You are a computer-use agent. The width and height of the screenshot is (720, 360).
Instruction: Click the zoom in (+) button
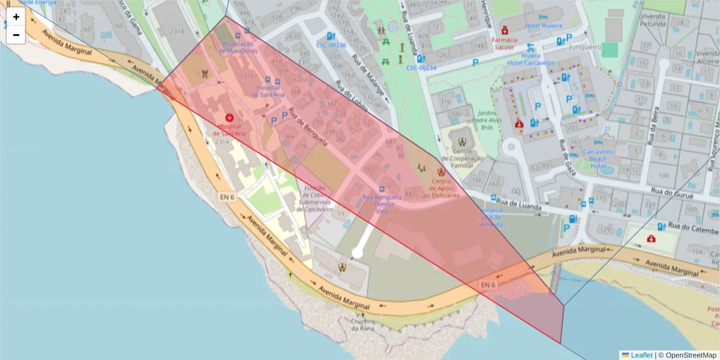point(16,17)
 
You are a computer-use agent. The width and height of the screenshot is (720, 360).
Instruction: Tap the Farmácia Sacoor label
point(504,43)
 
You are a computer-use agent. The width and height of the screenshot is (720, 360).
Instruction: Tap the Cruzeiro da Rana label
point(363,324)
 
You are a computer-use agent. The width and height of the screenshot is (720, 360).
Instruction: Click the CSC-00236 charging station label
point(331,45)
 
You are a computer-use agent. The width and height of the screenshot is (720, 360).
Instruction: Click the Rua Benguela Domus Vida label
point(377,204)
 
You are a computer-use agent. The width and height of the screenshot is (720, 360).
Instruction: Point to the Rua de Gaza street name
point(566,157)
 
